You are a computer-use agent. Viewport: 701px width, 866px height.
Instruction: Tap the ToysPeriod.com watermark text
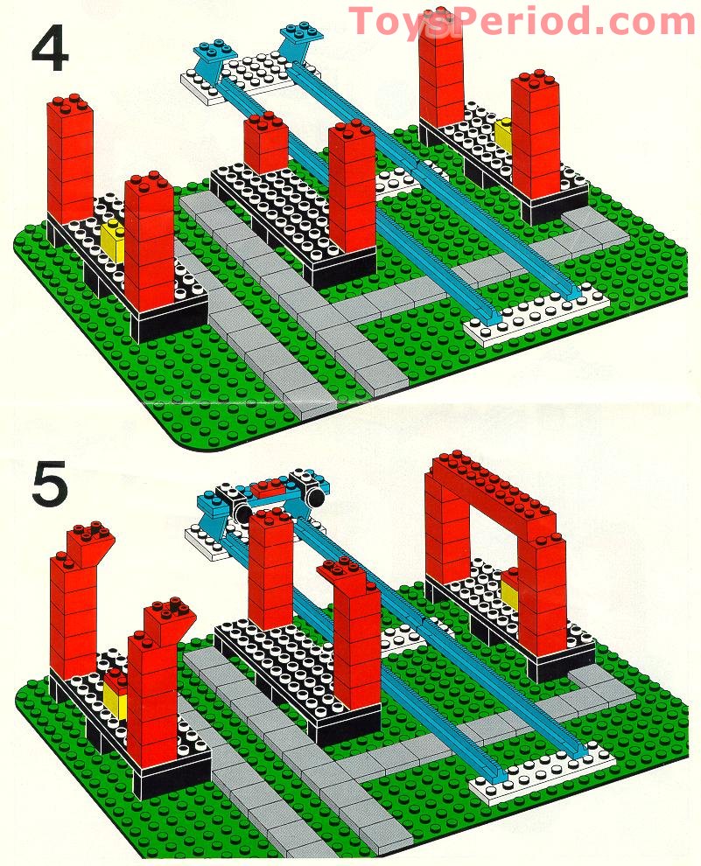522,20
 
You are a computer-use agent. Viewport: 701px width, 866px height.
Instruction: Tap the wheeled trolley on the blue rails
273,495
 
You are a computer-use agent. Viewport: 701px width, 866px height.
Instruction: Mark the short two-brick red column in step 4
266,144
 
